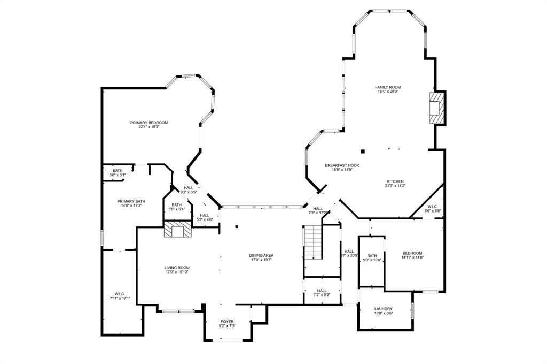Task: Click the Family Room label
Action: (387, 87)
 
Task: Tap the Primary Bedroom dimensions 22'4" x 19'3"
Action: (149, 127)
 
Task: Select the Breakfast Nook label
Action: (342, 165)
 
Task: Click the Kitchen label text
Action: (395, 181)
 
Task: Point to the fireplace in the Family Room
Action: (437, 108)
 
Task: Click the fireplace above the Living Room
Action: (177, 230)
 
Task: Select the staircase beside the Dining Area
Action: (313, 242)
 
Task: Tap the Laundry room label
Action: (383, 309)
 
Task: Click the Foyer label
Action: (227, 321)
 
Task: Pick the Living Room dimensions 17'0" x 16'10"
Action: (177, 272)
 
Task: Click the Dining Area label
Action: (261, 255)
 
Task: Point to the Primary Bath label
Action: (131, 201)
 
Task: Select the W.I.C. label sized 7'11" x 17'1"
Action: (119, 294)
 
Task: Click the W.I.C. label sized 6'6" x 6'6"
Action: (432, 207)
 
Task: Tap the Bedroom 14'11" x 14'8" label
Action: (412, 253)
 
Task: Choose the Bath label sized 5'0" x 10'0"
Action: (372, 256)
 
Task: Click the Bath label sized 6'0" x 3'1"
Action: (117, 170)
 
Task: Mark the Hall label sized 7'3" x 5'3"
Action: (322, 291)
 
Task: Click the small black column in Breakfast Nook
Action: (363, 151)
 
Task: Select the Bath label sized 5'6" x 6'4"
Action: (176, 204)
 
